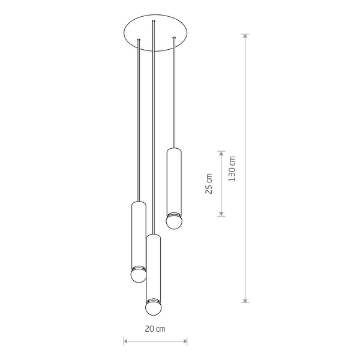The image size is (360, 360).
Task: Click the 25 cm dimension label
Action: (209, 184)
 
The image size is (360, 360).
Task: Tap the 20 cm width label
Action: (155, 329)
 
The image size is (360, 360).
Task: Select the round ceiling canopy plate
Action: (155, 33)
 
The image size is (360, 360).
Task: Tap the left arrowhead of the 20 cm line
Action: (126, 342)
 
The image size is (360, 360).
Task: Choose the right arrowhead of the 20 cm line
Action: (185, 342)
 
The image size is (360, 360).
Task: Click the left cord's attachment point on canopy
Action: (139, 40)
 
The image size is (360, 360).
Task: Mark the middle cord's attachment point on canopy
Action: (154, 23)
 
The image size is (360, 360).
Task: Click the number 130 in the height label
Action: (232, 174)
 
